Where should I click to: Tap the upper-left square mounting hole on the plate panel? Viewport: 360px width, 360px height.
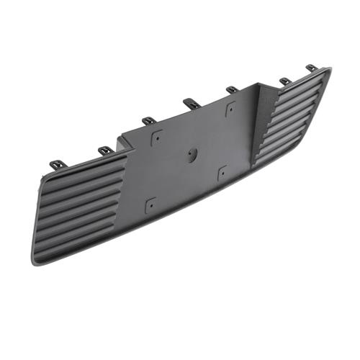pos(156,134)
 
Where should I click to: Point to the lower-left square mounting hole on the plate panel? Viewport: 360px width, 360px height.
pos(150,204)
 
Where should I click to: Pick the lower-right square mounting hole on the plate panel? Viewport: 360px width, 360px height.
pos(222,172)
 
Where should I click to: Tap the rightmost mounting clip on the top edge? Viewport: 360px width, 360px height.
pos(312,68)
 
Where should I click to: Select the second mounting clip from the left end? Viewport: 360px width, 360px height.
pos(105,150)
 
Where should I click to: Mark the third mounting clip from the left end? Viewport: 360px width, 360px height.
pos(149,120)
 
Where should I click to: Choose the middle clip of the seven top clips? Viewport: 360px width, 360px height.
pos(189,103)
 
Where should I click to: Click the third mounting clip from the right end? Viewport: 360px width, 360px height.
pos(232,90)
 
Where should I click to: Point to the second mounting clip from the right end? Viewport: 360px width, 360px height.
pos(285,81)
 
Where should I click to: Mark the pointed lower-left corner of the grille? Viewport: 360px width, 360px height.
pos(35,261)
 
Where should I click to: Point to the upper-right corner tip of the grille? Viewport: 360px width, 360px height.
pos(330,69)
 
